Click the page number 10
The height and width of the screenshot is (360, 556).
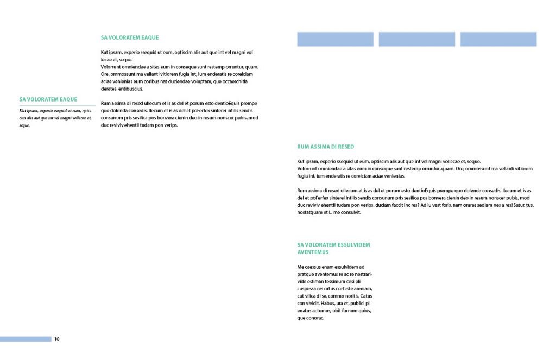click(56, 339)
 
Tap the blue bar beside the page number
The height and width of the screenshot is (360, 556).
click(26, 339)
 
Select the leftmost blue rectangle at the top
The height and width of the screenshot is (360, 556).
click(335, 39)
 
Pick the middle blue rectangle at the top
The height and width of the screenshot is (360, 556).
click(416, 39)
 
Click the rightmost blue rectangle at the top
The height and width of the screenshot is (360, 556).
click(498, 39)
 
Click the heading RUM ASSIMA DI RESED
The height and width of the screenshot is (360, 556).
click(326, 147)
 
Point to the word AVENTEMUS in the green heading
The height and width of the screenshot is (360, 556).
click(313, 252)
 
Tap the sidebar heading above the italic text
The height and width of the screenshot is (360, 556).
click(48, 99)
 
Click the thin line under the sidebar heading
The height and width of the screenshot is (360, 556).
click(57, 105)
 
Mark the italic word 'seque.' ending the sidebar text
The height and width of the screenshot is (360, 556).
click(24, 125)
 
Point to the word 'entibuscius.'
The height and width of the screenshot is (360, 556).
click(131, 89)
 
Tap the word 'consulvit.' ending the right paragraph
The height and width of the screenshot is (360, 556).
click(349, 212)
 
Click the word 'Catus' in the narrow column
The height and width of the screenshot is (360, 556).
click(366, 296)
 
